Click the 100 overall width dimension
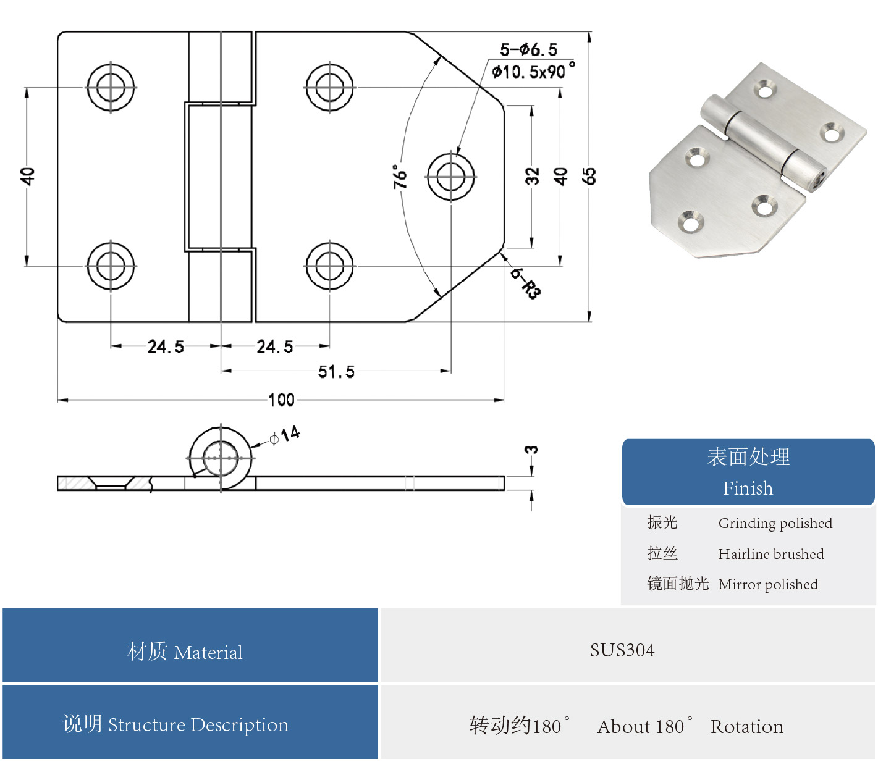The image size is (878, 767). point(281,400)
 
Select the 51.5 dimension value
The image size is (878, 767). point(336,372)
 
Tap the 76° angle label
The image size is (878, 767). point(400,176)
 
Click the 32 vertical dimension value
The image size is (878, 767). point(532,176)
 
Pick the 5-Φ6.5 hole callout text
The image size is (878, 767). point(528,49)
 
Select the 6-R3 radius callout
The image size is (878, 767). point(525,283)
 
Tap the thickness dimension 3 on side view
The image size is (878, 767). point(531,450)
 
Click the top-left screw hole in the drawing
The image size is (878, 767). point(111,87)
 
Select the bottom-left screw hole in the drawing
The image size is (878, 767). point(111,266)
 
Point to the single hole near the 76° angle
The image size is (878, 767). point(451,177)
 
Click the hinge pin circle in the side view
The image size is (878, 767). point(221,458)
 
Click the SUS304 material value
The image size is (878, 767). point(622,650)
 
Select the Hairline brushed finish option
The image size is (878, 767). point(770,554)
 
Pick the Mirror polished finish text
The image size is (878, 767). point(767,584)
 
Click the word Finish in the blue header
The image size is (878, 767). point(748,488)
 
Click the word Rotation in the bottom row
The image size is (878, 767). point(746,727)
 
